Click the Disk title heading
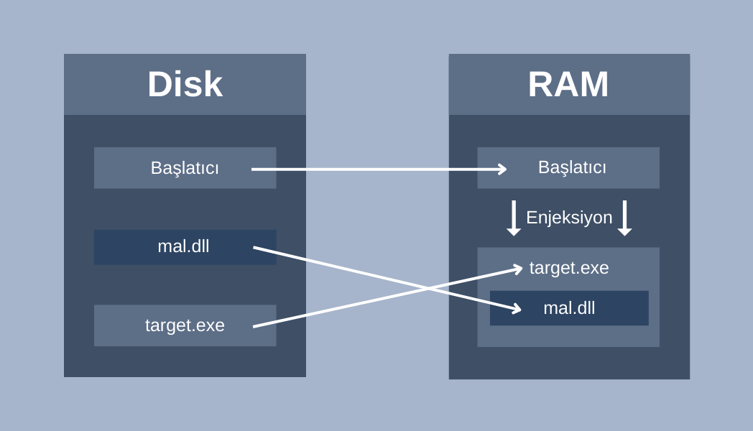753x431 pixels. (185, 85)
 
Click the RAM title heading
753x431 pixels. (568, 85)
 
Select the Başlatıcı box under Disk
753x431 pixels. (185, 168)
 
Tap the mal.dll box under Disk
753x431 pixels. (185, 247)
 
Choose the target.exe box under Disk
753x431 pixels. (185, 325)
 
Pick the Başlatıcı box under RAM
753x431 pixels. (568, 168)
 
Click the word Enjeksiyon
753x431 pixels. (569, 218)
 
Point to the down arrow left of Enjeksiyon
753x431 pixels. (514, 218)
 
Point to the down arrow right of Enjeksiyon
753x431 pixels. (624, 218)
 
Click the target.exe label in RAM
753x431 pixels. (569, 268)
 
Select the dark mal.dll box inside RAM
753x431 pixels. (569, 308)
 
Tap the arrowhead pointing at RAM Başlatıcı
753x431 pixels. (503, 169)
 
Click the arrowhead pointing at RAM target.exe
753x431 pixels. (517, 268)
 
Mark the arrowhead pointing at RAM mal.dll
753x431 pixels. (517, 309)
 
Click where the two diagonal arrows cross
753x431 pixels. (428, 288)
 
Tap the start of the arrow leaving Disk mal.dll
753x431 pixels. (254, 248)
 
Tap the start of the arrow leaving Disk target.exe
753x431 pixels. (254, 327)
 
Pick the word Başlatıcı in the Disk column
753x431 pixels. (185, 168)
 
